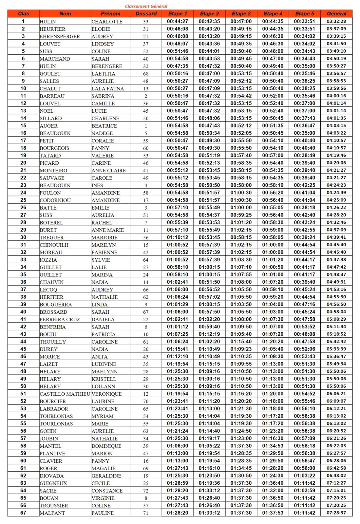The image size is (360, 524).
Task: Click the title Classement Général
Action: pyautogui.click(x=146, y=6)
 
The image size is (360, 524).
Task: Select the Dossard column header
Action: pyautogui.click(x=146, y=14)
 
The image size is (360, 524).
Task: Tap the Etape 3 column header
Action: pyautogui.click(x=241, y=14)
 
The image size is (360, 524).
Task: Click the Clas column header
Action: pyautogui.click(x=23, y=14)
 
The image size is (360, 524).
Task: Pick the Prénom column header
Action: pyautogui.click(x=110, y=14)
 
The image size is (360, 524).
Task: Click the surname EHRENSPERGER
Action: pyautogui.click(x=60, y=36)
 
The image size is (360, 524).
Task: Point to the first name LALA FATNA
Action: pyautogui.click(x=107, y=88)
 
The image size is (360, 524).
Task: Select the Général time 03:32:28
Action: pyautogui.click(x=336, y=21)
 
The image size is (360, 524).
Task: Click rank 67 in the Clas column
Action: pyautogui.click(x=23, y=513)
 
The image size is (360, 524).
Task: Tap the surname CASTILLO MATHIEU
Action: pyautogui.click(x=65, y=394)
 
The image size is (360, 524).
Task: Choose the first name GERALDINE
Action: pyautogui.click(x=106, y=476)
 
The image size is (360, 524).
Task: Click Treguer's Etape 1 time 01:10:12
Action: pyautogui.click(x=178, y=237)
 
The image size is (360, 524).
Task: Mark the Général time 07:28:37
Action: pyautogui.click(x=336, y=513)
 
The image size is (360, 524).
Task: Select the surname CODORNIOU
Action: pyautogui.click(x=55, y=200)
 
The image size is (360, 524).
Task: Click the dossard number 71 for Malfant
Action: pyautogui.click(x=146, y=513)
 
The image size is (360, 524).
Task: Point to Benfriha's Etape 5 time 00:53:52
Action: pyautogui.click(x=304, y=327)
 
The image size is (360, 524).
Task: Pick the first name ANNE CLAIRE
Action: pyautogui.click(x=108, y=171)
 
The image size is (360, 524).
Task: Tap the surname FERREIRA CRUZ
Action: pyautogui.click(x=60, y=319)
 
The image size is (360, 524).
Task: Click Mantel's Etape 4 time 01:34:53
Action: pyautogui.click(x=273, y=446)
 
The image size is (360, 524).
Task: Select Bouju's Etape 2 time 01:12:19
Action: pyautogui.click(x=209, y=334)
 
